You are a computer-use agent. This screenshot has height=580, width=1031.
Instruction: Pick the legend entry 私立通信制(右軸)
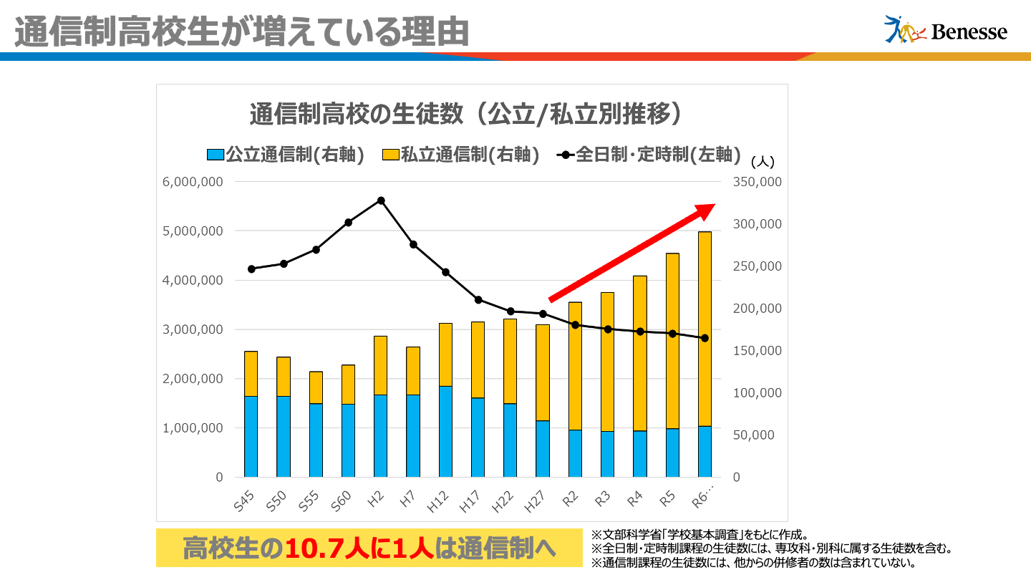(460, 155)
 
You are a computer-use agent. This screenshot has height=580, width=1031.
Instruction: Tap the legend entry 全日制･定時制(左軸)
(648, 155)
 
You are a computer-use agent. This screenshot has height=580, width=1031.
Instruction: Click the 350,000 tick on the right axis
(757, 182)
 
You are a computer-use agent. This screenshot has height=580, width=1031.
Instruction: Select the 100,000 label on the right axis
(757, 393)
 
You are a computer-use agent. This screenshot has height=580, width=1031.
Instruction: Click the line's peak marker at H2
(381, 200)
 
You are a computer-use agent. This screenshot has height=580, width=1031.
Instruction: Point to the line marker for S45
(251, 269)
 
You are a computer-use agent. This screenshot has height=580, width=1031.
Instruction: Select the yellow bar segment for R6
(705, 329)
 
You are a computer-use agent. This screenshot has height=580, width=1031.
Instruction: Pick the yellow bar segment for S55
(316, 387)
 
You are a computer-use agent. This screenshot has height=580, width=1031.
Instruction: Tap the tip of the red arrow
(713, 206)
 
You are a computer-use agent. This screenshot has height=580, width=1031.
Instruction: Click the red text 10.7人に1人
(359, 548)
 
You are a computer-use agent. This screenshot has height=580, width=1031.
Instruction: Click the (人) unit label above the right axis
(763, 162)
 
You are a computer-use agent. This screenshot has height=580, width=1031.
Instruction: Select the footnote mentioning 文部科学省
(700, 535)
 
